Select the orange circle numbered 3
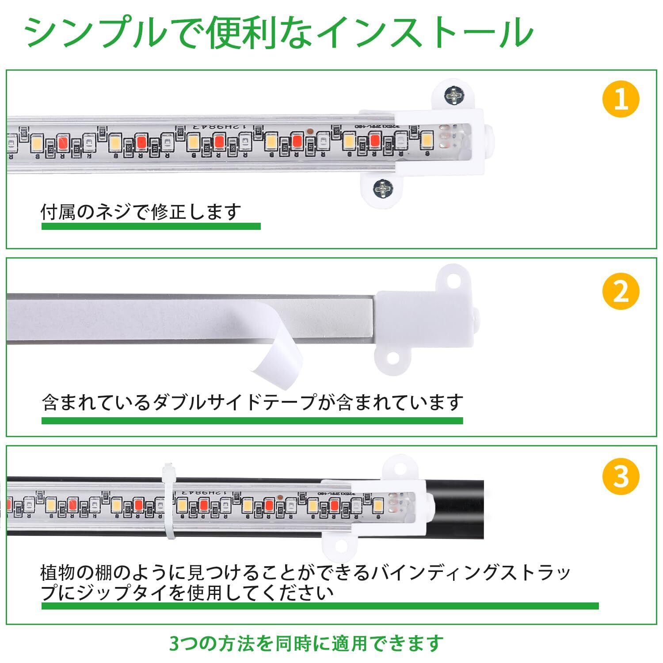pos(621,476)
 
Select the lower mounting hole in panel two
pos(392,358)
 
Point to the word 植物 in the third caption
pos(58,573)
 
